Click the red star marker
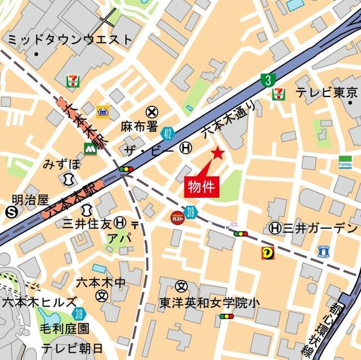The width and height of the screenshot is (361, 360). tap(218, 153)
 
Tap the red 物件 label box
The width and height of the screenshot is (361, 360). tap(200, 187)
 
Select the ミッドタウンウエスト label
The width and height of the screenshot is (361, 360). tap(69, 39)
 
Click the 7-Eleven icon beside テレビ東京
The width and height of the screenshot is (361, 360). tap(279, 94)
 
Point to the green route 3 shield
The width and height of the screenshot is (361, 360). tap(267, 80)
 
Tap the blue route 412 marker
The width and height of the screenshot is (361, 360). tap(166, 132)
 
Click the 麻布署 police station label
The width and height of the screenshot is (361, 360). tap(139, 126)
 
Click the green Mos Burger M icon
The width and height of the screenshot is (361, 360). tap(90, 149)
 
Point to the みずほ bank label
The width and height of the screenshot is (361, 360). tap(62, 164)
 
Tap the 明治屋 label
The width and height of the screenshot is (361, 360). tap(31, 200)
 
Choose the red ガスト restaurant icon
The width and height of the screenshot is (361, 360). tap(178, 216)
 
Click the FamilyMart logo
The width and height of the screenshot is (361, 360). tap(345, 161)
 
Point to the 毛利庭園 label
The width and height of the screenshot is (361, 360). tap(64, 328)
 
